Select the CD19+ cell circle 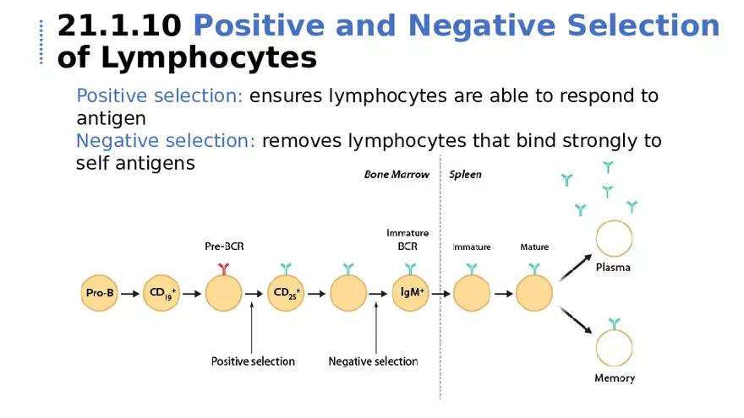[161, 294]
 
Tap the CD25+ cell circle [285, 294]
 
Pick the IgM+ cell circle [411, 294]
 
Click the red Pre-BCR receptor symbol [224, 268]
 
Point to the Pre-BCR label [224, 247]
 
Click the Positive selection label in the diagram [253, 361]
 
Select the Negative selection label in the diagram [373, 361]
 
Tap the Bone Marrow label [397, 175]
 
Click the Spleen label [465, 175]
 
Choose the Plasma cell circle [614, 239]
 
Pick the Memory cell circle [614, 349]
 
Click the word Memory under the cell [615, 378]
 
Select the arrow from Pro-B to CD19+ [129, 295]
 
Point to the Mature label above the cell [534, 247]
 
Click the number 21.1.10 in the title [118, 26]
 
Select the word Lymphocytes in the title [208, 57]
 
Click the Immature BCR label [408, 240]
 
